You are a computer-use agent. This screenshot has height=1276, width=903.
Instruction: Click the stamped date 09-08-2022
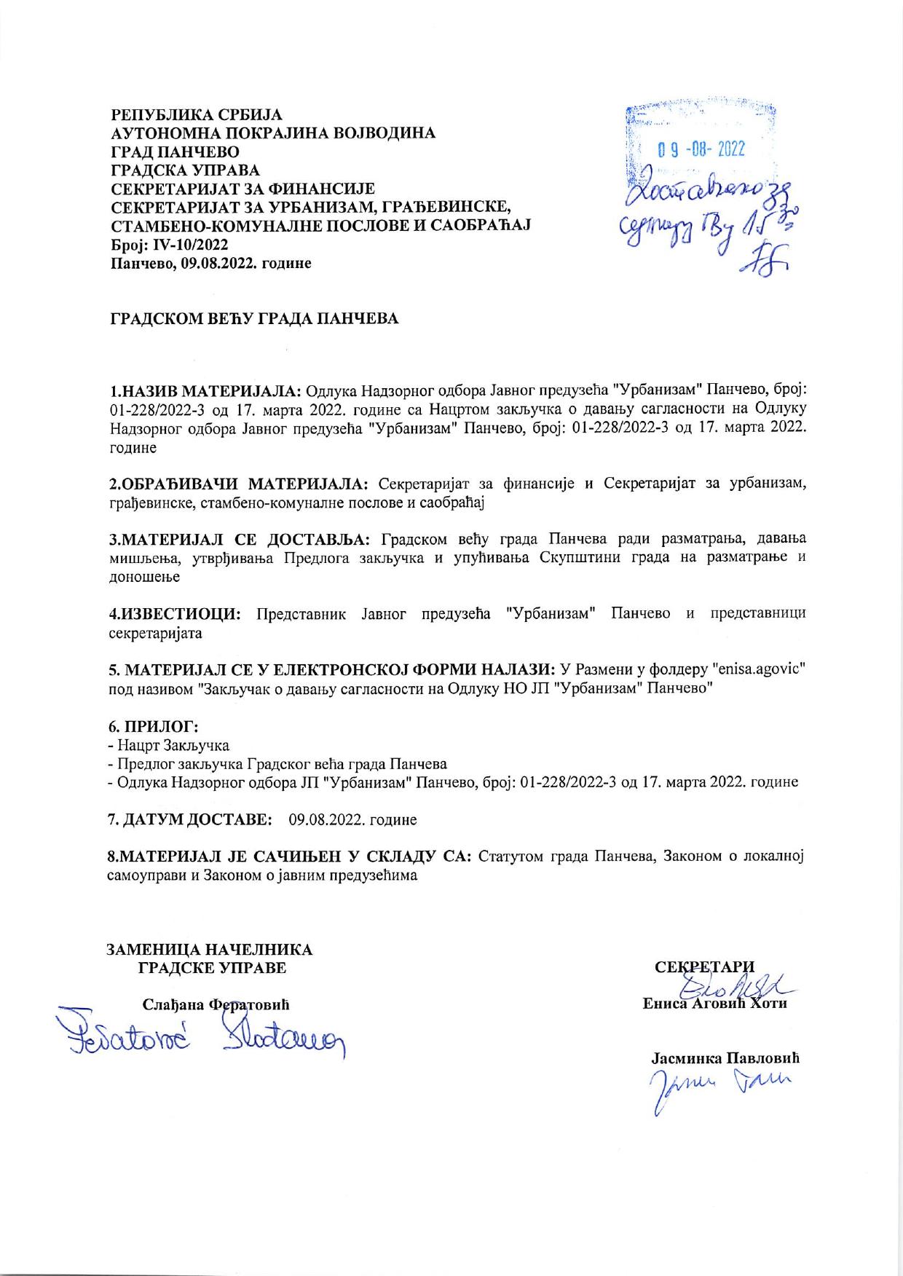(701, 150)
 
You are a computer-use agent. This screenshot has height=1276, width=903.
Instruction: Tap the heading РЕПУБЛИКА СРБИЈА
(196, 115)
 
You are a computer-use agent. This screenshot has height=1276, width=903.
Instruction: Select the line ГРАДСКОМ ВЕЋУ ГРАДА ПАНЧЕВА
(254, 319)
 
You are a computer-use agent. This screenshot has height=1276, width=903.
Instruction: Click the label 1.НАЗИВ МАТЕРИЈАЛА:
(205, 390)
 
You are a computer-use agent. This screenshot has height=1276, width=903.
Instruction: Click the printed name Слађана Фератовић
(216, 1005)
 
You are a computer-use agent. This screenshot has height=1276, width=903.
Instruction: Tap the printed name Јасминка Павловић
(725, 1058)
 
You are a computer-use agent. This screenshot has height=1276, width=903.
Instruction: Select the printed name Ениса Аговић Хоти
(715, 1004)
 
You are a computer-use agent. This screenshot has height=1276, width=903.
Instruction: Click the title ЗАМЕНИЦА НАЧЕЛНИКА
(210, 950)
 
